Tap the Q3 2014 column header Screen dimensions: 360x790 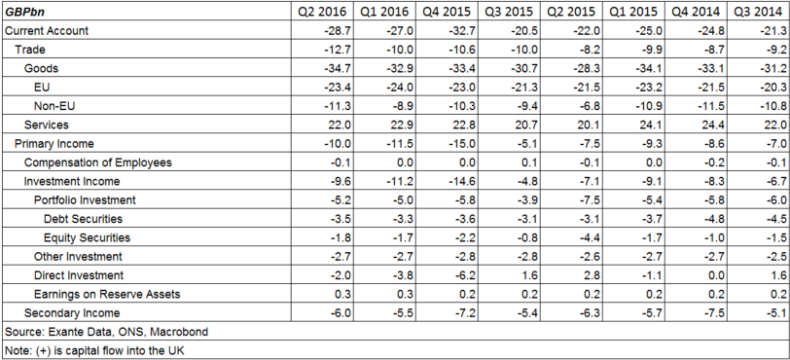(755, 12)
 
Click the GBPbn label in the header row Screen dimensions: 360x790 (26, 12)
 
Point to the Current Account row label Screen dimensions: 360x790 (48, 31)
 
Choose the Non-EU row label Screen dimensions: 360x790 (55, 106)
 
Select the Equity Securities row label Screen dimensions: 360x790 (87, 237)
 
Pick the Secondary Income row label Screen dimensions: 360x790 (72, 313)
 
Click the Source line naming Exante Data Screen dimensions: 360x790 (106, 332)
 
